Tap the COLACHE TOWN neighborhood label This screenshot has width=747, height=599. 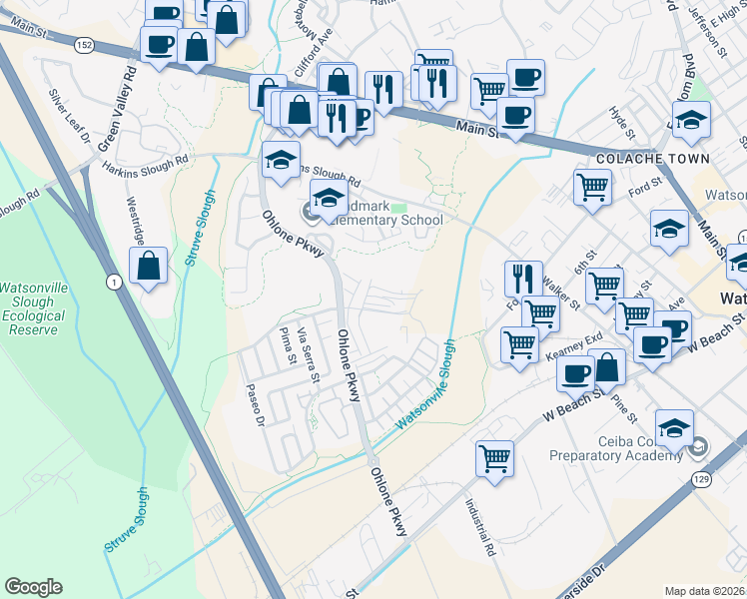[x=652, y=159]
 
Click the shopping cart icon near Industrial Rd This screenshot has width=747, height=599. [x=494, y=458]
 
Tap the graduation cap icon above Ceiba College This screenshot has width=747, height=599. [x=675, y=427]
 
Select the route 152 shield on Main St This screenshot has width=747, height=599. [x=84, y=44]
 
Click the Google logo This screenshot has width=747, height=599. [x=33, y=587]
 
